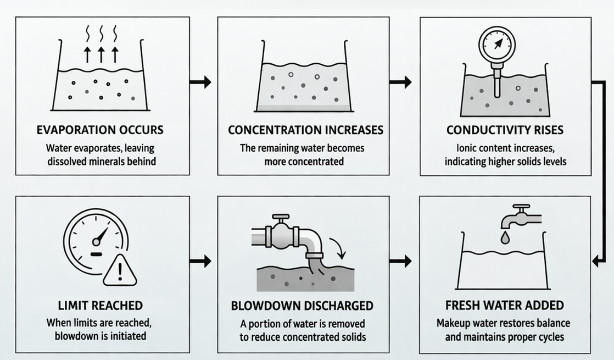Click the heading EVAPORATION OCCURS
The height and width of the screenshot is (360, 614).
[100, 130]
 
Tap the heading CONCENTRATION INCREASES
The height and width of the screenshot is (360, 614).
[305, 130]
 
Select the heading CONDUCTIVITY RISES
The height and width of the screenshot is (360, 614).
[505, 130]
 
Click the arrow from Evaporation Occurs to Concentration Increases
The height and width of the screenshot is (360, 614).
[200, 83]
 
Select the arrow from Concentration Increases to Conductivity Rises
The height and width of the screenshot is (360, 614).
[401, 83]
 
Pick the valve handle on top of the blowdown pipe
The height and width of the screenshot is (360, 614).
[281, 218]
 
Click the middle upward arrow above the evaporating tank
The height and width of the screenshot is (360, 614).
[101, 54]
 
